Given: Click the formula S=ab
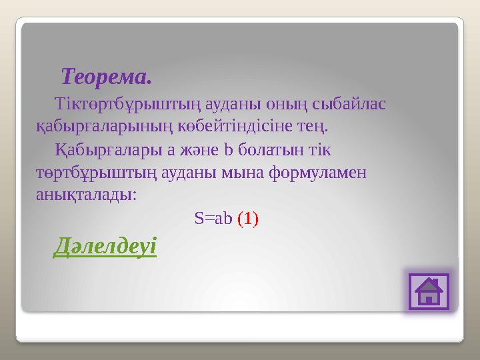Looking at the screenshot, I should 213,219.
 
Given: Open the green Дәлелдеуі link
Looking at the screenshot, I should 105,247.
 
